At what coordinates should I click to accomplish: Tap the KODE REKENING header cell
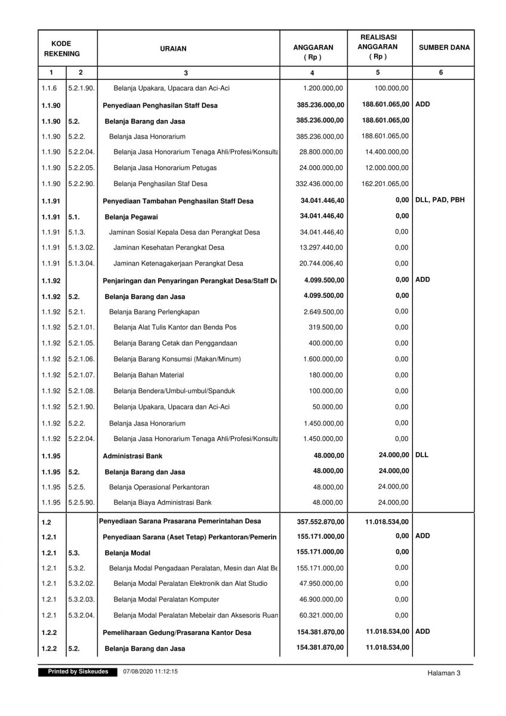coord(61,48)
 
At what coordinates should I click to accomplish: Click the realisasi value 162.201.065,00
coord(386,184)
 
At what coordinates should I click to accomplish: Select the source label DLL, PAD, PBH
coord(440,200)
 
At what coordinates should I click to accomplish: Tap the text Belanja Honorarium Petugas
coord(165,168)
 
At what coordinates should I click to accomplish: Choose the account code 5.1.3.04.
coord(81,263)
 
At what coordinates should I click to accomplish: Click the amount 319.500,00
coord(326,328)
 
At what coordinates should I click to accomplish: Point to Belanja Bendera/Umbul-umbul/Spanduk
coord(174,391)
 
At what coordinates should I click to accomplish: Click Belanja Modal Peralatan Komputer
coord(166,600)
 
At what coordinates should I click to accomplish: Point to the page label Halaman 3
coord(444,673)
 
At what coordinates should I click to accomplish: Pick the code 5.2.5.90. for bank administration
coord(81,502)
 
